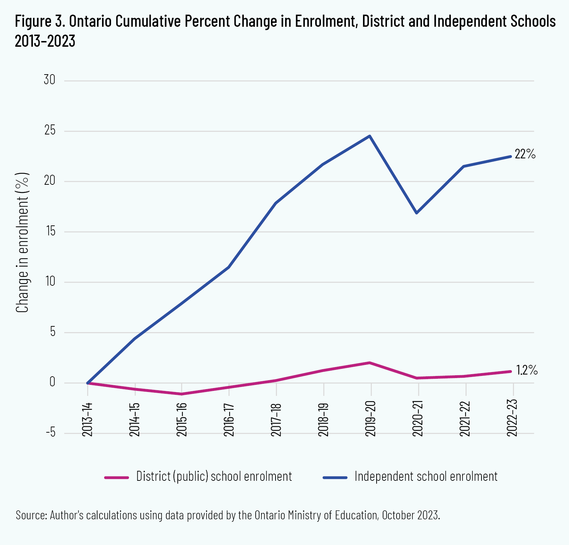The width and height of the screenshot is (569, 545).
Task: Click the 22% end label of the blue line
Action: pyautogui.click(x=525, y=154)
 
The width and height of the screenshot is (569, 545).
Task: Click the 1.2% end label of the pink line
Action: pyautogui.click(x=527, y=370)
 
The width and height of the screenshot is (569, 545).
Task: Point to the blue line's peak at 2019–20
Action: pyautogui.click(x=370, y=136)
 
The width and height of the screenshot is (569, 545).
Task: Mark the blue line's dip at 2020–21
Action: pyautogui.click(x=417, y=213)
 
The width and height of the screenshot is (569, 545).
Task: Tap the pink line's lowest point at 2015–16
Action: pyautogui.click(x=181, y=394)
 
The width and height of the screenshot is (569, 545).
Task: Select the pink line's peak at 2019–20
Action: pyautogui.click(x=370, y=363)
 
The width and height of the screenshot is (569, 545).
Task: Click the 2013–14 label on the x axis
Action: pyautogui.click(x=87, y=419)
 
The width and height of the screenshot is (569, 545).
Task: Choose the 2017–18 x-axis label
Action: pyautogui.click(x=276, y=419)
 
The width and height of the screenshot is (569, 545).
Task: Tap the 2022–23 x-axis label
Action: pyautogui.click(x=513, y=419)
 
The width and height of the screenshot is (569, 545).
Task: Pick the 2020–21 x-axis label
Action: pyautogui.click(x=418, y=419)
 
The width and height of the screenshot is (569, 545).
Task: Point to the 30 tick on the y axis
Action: pyautogui.click(x=50, y=80)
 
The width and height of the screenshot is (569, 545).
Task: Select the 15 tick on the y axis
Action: pyautogui.click(x=50, y=231)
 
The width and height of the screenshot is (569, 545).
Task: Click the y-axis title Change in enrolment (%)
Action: pyautogui.click(x=22, y=243)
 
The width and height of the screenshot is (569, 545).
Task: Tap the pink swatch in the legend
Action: pyautogui.click(x=116, y=477)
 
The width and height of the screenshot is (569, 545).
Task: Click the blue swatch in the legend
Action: pyautogui.click(x=335, y=477)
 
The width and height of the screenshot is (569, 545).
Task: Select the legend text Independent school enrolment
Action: pyautogui.click(x=426, y=477)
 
